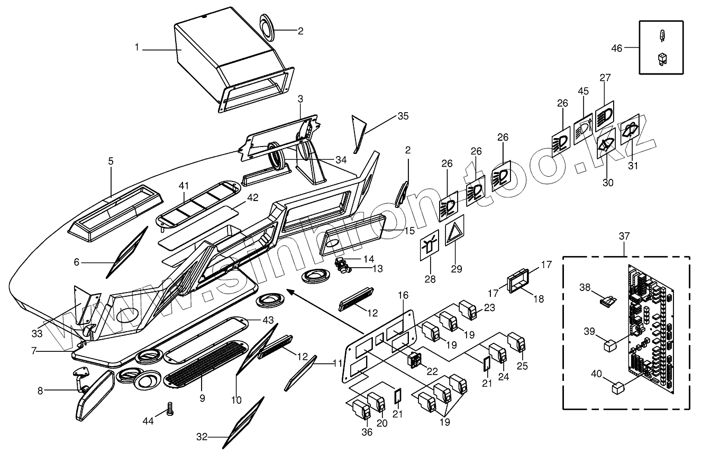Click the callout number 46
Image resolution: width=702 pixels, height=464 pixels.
617,48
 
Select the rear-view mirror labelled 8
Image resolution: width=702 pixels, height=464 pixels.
95,396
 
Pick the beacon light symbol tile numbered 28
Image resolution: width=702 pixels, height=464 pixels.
430,247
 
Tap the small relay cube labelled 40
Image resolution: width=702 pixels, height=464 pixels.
618,389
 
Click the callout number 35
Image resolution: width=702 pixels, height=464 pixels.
403,116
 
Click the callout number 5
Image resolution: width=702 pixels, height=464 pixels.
111,161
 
